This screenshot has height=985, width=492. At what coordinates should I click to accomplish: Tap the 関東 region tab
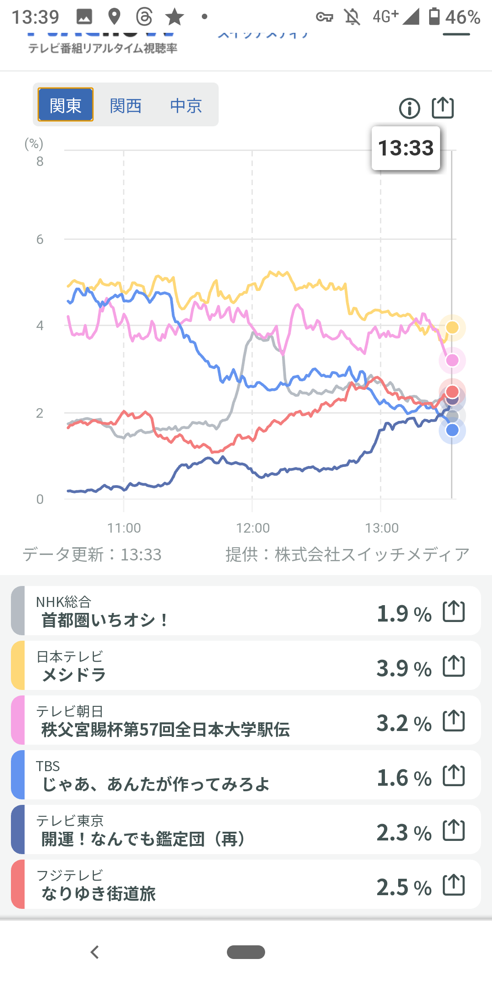pyautogui.click(x=66, y=105)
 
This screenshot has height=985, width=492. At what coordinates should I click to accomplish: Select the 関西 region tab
pyautogui.click(x=126, y=106)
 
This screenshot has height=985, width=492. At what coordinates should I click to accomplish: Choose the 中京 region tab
pyautogui.click(x=186, y=106)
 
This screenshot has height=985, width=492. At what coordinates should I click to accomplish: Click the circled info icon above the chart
pyautogui.click(x=409, y=109)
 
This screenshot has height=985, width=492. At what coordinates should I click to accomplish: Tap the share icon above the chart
pyautogui.click(x=443, y=108)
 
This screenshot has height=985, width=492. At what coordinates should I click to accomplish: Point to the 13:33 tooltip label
pyautogui.click(x=406, y=148)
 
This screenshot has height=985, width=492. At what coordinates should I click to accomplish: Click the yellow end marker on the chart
pyautogui.click(x=452, y=327)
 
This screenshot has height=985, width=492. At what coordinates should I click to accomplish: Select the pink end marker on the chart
pyautogui.click(x=452, y=360)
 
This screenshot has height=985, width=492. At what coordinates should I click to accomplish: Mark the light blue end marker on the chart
pyautogui.click(x=452, y=430)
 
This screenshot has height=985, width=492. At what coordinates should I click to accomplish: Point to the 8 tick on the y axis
pyautogui.click(x=40, y=161)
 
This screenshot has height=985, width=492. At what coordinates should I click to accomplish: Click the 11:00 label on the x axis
pyautogui.click(x=124, y=528)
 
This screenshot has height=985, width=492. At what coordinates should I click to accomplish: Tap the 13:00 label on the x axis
pyautogui.click(x=382, y=528)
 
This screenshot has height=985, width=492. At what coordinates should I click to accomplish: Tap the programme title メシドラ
pyautogui.click(x=74, y=675)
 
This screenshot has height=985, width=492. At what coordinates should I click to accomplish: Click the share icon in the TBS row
pyautogui.click(x=454, y=775)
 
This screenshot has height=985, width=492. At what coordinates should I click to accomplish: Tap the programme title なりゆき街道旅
pyautogui.click(x=98, y=894)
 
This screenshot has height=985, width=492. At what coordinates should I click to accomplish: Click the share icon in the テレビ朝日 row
pyautogui.click(x=454, y=721)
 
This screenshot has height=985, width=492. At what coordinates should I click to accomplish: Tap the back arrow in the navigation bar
pyautogui.click(x=95, y=952)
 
